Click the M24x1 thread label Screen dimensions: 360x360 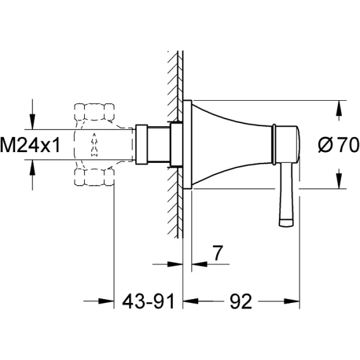30,145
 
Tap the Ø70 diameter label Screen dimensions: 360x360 338,145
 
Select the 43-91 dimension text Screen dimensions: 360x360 148,301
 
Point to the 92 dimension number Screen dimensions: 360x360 241,301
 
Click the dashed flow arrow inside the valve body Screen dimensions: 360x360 94,145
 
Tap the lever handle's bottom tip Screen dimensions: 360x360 286,223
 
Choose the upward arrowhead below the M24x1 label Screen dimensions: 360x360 32,167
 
